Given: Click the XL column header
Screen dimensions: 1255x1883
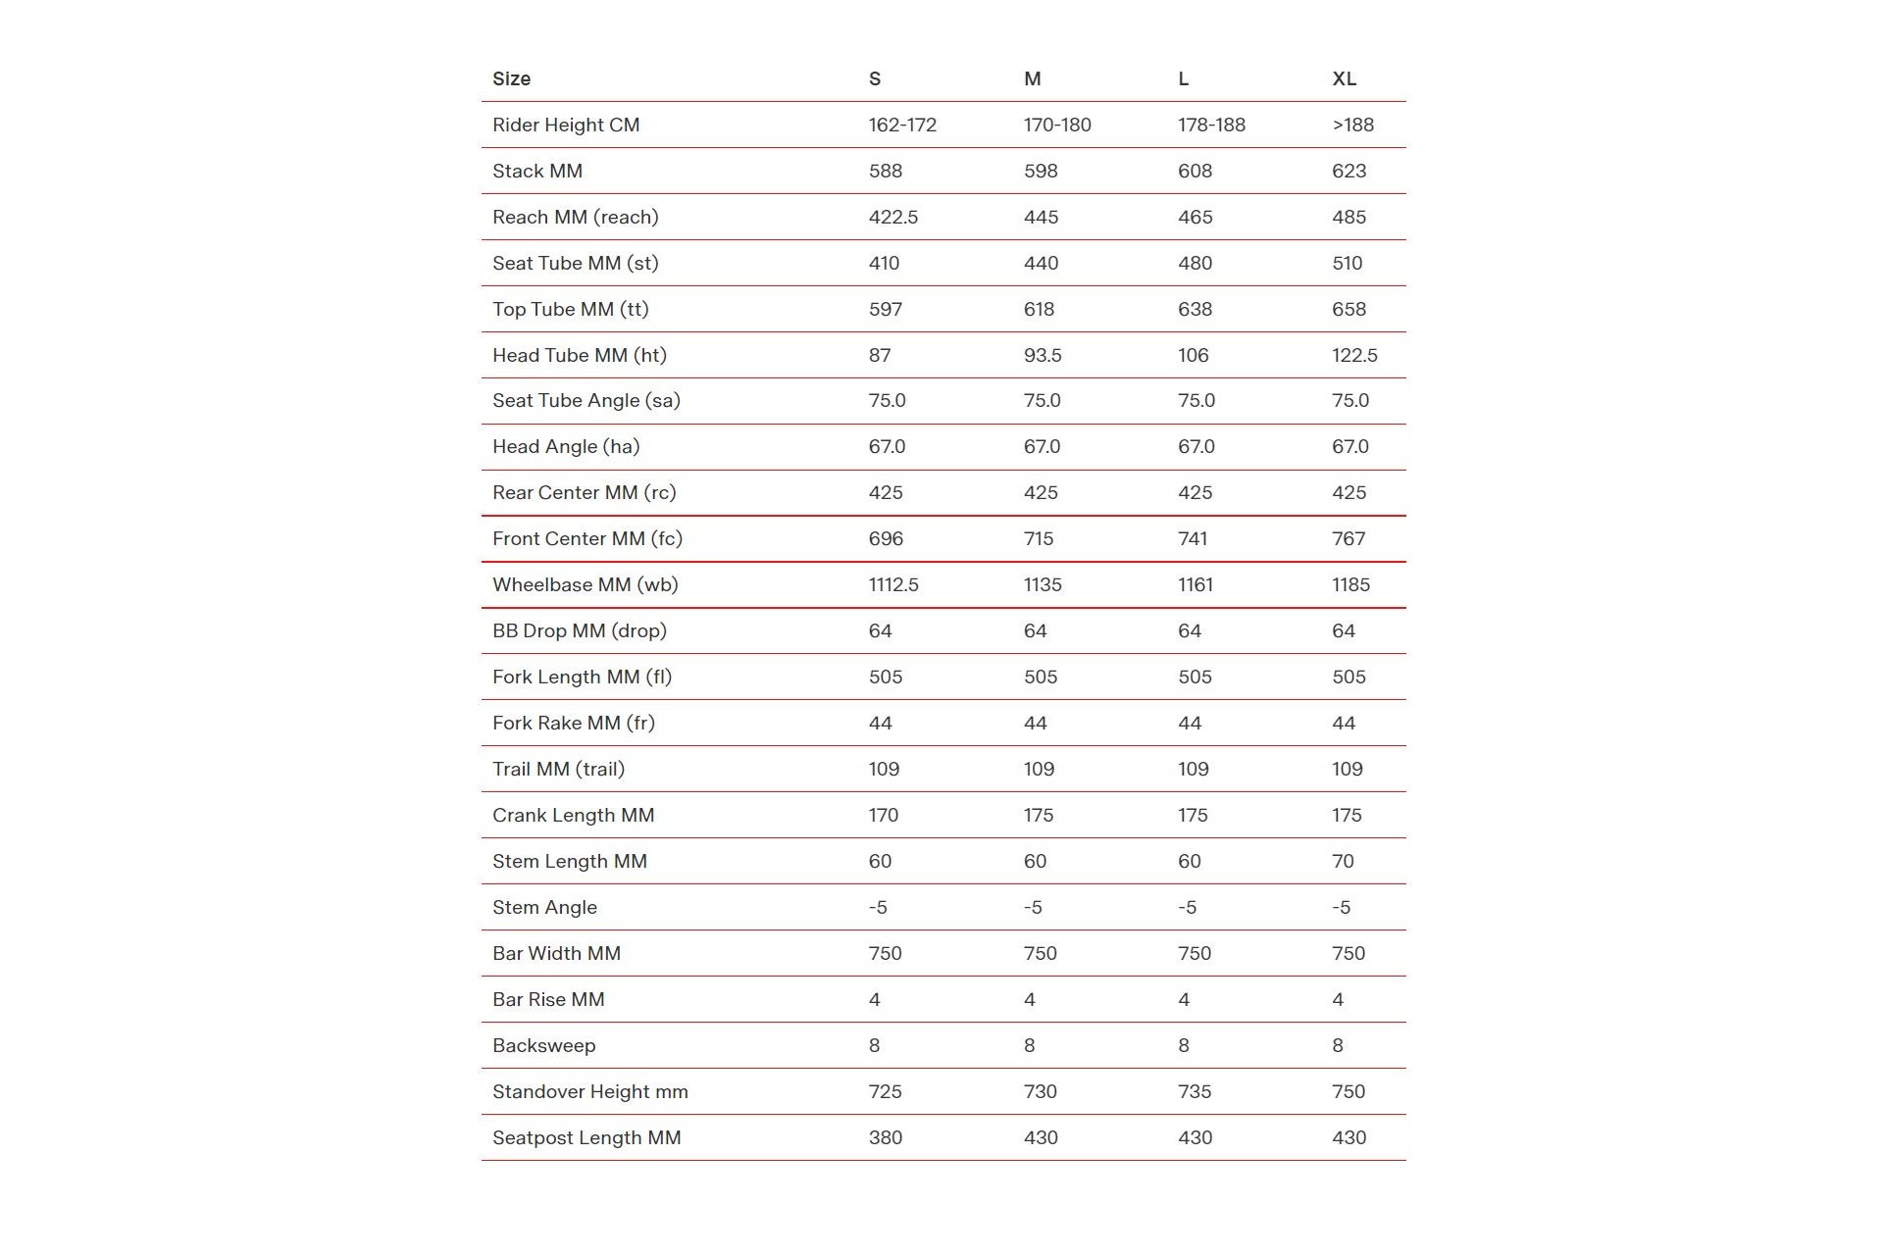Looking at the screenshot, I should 1344,79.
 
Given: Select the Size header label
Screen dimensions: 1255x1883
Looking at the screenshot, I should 511,79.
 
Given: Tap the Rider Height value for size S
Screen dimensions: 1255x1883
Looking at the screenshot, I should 902,125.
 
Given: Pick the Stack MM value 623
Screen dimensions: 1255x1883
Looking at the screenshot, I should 1349,172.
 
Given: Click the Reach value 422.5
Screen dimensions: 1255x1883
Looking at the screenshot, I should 892,218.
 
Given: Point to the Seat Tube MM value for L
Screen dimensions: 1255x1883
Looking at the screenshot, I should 1195,264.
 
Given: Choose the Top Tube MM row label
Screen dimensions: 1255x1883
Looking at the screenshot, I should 570,310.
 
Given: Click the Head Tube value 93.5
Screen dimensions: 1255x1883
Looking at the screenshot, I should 1043,356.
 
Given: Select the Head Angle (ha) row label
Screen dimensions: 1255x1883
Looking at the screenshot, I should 566,447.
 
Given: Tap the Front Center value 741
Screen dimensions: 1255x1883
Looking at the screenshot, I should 1193,539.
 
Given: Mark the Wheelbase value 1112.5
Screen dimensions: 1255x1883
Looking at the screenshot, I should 892,585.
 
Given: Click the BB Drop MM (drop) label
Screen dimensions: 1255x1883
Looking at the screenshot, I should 579,631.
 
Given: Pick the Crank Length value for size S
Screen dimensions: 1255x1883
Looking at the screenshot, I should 883,816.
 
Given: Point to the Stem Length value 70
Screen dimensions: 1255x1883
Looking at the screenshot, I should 1343,862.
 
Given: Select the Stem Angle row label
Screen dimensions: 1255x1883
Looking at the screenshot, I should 544,908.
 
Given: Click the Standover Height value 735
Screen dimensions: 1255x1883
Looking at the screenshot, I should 1195,1092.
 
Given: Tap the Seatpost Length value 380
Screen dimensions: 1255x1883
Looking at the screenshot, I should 885,1138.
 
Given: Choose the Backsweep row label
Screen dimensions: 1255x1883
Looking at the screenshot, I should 543,1046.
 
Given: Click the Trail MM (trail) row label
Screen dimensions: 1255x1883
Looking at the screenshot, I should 558,770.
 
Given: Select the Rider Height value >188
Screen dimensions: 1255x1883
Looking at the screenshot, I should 1352,125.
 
